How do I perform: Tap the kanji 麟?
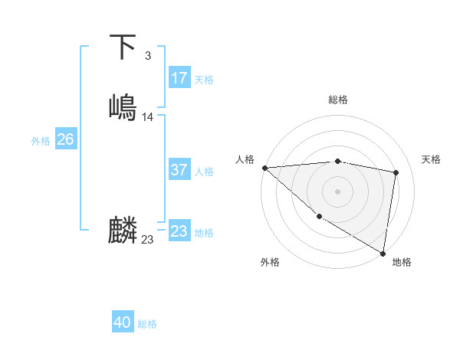point(123,230)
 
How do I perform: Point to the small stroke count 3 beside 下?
point(147,55)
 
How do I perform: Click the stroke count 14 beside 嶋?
point(148,117)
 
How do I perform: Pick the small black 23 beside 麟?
point(148,240)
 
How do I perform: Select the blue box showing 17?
point(179,78)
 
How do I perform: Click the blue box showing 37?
point(179,170)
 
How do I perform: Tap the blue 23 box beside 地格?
point(179,231)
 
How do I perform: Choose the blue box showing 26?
point(65,139)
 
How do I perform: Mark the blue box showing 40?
point(123,322)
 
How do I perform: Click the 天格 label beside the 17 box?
point(204,80)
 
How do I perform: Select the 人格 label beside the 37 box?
point(204,172)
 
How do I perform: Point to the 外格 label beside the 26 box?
point(41,141)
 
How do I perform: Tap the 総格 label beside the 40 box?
point(147,324)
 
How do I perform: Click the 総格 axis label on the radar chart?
point(338,100)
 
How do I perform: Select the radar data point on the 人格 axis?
point(264,168)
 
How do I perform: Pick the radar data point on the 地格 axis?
point(383,252)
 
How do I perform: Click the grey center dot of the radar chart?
point(338,191)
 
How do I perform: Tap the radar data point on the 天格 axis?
point(396,172)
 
